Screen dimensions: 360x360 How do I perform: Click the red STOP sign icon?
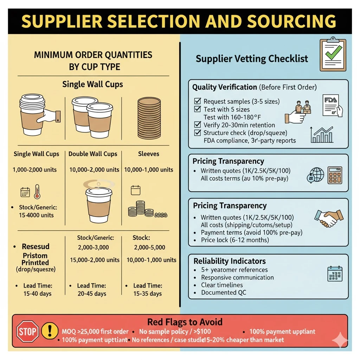click(27, 332)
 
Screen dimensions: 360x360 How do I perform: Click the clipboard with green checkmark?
click(333, 55)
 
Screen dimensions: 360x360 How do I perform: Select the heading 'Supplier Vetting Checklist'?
click(252, 58)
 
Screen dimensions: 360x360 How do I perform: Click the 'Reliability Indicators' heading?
click(230, 261)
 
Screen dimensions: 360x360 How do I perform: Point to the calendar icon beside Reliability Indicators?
click(334, 274)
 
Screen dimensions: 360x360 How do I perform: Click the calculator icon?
click(335, 175)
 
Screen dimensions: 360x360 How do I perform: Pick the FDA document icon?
click(332, 104)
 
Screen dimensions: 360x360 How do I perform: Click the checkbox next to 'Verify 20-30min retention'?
click(198, 125)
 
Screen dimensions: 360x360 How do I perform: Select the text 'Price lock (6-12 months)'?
click(234, 240)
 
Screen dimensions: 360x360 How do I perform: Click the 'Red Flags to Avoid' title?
click(185, 322)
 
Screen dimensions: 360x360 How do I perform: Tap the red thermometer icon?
click(37, 192)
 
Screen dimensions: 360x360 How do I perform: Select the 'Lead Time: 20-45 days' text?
click(91, 290)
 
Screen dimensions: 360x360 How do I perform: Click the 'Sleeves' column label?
click(149, 154)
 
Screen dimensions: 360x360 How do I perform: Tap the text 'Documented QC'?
click(224, 292)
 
